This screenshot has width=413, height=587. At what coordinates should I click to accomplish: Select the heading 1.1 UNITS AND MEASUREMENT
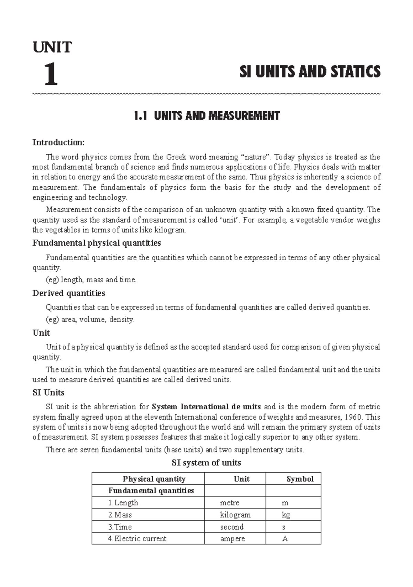pos(206,116)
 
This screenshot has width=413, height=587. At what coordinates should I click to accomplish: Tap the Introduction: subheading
pos(58,142)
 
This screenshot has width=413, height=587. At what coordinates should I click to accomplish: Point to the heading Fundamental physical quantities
pos(96,243)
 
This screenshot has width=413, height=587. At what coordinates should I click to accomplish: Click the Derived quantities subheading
pos(68,293)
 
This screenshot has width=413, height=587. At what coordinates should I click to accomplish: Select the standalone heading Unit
pos(41,333)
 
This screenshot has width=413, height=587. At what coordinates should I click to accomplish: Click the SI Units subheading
pos(48,392)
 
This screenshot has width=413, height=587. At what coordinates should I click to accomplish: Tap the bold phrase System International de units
pos(206,407)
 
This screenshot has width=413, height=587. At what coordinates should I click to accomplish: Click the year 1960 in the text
pos(353,417)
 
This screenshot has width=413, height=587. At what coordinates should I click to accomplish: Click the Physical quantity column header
pos(154,479)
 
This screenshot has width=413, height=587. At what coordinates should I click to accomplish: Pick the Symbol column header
pos(300,479)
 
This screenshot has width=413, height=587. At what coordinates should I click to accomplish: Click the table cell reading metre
pos(230,503)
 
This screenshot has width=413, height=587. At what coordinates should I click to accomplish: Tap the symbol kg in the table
pos(286,515)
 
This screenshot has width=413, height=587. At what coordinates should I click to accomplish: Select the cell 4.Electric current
pos(137,538)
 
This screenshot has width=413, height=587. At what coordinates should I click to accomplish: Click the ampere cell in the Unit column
pos(232,538)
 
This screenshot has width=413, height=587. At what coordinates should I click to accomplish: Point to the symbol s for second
pos(283,527)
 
